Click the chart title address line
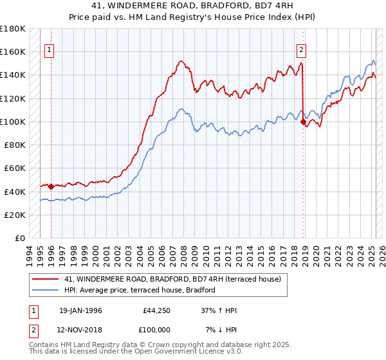tap(192, 7)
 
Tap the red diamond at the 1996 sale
tap(51, 186)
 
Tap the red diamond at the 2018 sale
tap(303, 120)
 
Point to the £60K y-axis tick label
tap(15, 168)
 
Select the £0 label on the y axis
tap(19, 238)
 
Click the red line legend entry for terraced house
tap(172, 280)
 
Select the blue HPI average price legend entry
tap(139, 290)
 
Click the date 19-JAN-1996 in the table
tap(80, 310)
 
